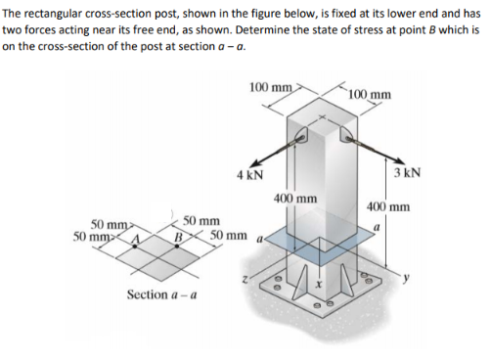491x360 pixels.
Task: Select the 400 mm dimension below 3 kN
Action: [x=388, y=207]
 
